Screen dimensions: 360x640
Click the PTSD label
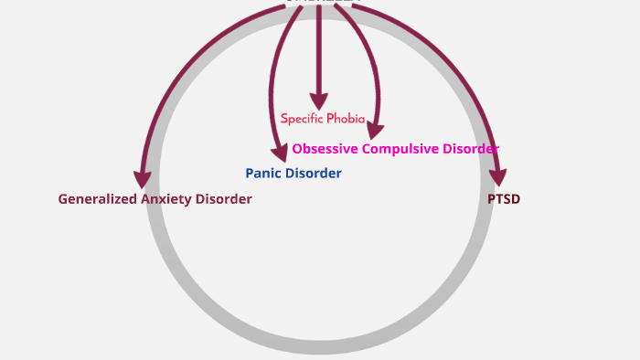coord(504,198)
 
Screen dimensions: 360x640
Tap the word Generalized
coord(98,199)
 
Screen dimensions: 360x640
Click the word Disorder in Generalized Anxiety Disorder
coord(223,199)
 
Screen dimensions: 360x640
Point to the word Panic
coord(264,173)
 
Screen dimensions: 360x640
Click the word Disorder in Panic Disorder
coord(314,173)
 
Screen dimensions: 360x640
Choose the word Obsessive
coord(325,148)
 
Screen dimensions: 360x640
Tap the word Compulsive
coord(405,148)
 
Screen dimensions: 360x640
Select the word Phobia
coord(346,119)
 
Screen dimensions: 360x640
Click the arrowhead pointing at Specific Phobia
coord(318,101)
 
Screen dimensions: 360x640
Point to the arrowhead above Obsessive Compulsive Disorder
coord(376,131)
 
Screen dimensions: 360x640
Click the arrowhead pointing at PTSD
coord(498,178)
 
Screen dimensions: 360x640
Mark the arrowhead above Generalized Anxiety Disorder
coord(142,179)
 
